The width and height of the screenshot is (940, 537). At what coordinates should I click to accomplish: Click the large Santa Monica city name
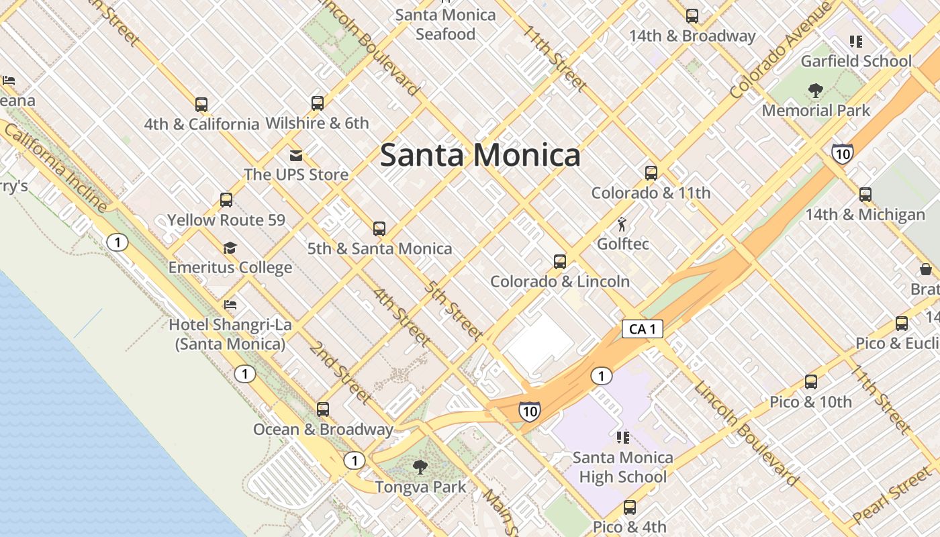point(480,155)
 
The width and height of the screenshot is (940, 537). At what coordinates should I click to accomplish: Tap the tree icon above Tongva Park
point(420,467)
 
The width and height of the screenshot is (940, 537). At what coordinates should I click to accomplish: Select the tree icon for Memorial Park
point(816,90)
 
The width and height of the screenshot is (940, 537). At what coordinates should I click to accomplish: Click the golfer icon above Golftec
point(622,224)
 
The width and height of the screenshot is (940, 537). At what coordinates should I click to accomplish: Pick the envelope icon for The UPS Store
point(295,156)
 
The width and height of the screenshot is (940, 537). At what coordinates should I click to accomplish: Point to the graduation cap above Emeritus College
point(230,248)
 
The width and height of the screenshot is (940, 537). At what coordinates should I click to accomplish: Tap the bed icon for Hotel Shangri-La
point(230,305)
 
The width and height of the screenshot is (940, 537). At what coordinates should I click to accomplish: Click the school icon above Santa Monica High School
point(622,438)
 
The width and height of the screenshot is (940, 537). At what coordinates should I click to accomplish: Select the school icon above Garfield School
point(855,42)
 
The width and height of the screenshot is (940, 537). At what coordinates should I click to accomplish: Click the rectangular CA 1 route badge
point(643,329)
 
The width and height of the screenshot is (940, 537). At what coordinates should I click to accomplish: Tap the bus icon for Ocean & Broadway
point(323,409)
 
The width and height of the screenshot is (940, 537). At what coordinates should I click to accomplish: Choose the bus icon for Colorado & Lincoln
point(560,262)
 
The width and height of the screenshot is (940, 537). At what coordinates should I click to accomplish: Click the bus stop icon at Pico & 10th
point(811,382)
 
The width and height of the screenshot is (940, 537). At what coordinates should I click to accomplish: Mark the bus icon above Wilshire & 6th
point(318,103)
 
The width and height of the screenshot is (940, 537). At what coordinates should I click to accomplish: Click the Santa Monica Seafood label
point(445,24)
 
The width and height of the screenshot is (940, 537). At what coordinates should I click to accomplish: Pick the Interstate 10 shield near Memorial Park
point(842,154)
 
